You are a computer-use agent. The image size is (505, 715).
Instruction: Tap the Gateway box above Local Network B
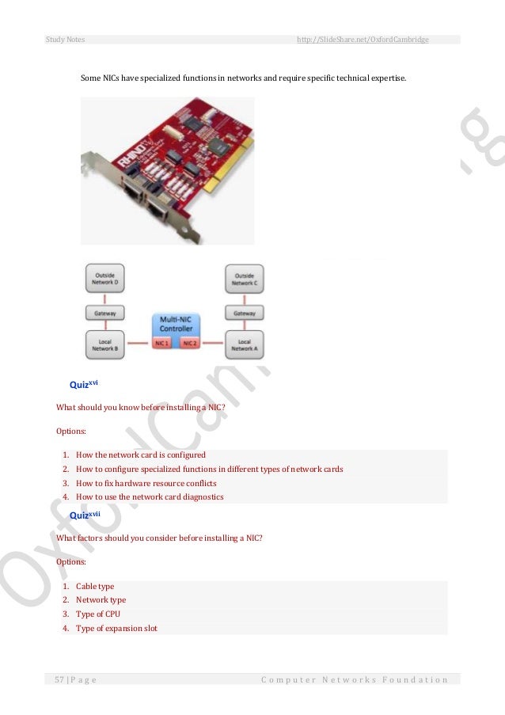(105, 314)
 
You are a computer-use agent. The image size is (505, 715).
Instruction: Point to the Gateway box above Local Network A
(245, 314)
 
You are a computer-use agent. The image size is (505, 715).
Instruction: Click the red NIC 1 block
(162, 344)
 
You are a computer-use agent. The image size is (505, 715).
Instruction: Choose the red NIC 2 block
(191, 344)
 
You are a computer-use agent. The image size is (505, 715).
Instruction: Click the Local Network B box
(105, 345)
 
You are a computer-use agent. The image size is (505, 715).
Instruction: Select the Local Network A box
(245, 345)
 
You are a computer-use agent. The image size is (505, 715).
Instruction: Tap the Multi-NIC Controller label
(176, 324)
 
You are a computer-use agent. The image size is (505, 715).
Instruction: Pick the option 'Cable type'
(95, 586)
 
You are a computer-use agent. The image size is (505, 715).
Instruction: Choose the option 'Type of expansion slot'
(116, 629)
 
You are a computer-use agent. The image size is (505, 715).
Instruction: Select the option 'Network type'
(101, 600)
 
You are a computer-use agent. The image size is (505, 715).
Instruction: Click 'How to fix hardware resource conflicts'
(146, 483)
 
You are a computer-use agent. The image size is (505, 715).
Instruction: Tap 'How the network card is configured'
(141, 455)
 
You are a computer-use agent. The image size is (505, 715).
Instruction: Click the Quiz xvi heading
(83, 385)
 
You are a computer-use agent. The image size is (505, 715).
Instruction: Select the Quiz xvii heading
(85, 515)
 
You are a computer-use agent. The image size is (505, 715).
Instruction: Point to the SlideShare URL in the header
(362, 39)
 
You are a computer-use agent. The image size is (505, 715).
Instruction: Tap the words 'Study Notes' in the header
(66, 39)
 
